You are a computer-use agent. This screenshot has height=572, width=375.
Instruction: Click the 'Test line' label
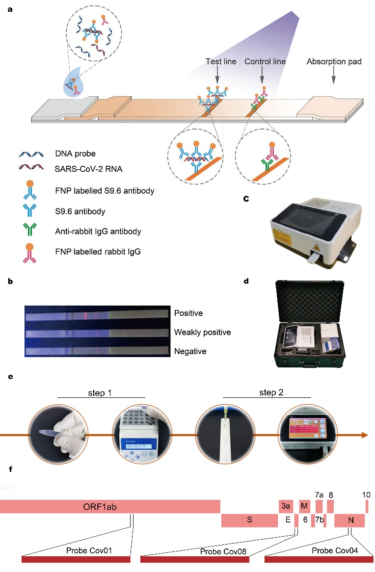[x=220, y=61]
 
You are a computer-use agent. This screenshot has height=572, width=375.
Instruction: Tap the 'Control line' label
[x=265, y=61]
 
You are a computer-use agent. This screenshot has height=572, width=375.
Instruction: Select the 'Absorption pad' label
[x=334, y=61]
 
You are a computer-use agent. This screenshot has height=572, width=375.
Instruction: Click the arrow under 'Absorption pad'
[x=334, y=78]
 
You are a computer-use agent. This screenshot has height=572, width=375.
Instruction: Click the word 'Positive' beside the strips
[x=188, y=313]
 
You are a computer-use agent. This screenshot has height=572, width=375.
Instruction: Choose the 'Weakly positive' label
[x=202, y=332]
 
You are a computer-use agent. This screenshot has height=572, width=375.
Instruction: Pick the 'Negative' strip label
[x=189, y=351]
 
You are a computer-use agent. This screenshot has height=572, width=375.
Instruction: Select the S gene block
[x=249, y=520]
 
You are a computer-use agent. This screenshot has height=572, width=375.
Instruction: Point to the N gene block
[x=349, y=520]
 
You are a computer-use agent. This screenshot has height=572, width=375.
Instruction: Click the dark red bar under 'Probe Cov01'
[x=76, y=559]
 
